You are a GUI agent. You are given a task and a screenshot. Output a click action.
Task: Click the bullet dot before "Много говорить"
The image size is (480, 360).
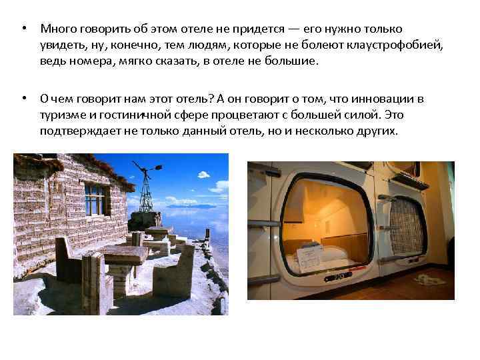(23, 30)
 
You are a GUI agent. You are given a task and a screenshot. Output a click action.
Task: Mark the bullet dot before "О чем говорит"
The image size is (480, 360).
(23, 99)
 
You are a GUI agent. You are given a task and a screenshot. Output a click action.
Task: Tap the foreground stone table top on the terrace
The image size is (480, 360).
(123, 253)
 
